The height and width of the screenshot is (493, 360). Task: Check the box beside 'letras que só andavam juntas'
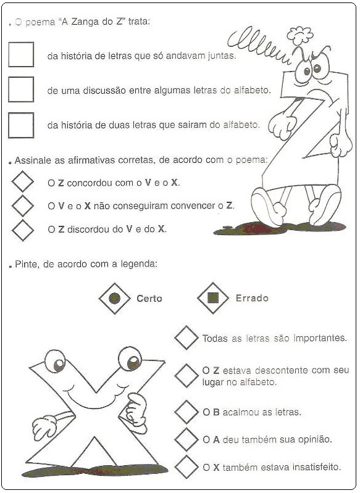(21, 54)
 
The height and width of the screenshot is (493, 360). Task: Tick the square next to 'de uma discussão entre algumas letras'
(21, 89)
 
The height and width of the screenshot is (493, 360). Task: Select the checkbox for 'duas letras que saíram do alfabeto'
(21, 125)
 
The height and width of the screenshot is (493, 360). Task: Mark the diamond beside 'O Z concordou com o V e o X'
(23, 181)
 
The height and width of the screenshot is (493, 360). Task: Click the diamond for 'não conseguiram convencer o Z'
(23, 205)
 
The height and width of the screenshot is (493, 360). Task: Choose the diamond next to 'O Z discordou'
(23, 230)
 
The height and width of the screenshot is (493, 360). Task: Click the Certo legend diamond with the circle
(115, 298)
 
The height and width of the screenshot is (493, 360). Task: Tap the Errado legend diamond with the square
(213, 298)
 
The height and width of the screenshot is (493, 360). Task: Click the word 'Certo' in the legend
(149, 299)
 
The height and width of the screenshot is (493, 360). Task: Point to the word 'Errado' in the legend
(252, 298)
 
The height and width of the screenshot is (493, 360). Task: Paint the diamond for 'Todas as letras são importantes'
(186, 338)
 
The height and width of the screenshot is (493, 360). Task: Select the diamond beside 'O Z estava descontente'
(186, 376)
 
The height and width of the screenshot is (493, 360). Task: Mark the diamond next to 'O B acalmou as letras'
(186, 412)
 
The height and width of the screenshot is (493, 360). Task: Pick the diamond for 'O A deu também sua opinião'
(186, 439)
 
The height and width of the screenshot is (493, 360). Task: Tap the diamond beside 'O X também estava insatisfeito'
(186, 467)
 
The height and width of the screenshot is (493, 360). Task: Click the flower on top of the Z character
(300, 35)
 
